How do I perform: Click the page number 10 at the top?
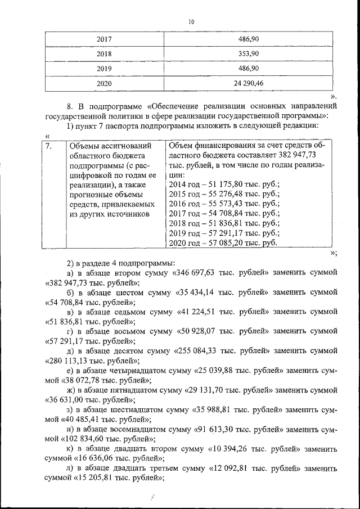point(191,22)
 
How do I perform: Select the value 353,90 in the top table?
point(247,53)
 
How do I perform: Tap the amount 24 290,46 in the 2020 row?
point(247,83)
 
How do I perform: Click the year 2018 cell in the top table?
point(104,53)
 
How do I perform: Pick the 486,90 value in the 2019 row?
point(247,68)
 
